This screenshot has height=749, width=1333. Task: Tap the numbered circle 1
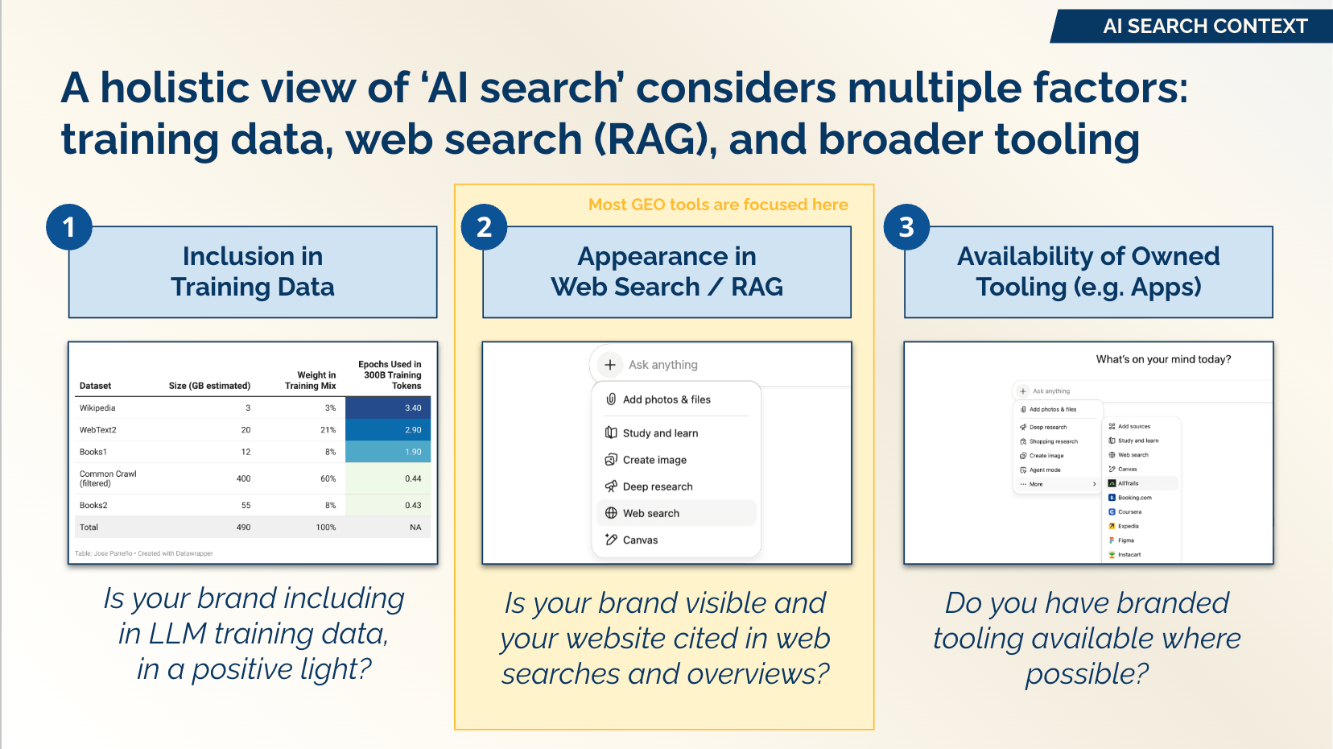point(69,227)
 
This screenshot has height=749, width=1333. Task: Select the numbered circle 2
point(484,227)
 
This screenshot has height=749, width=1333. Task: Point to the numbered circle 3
point(906,227)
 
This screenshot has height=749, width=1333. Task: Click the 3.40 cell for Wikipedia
point(388,408)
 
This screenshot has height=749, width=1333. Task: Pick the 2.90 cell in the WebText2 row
point(388,430)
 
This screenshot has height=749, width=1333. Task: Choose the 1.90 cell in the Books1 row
point(388,452)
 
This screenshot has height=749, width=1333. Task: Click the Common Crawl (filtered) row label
point(108,478)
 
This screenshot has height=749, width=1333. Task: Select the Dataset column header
point(95,386)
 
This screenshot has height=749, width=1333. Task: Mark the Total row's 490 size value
point(243,528)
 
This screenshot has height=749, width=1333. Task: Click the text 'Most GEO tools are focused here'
point(718,205)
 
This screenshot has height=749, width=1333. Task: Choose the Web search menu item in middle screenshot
point(650,513)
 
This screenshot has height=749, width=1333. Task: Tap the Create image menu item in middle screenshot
point(654,460)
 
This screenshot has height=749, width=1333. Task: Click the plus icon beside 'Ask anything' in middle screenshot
point(610,365)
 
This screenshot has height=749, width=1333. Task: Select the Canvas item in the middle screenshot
point(640,540)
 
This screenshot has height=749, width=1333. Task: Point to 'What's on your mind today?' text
point(1163,359)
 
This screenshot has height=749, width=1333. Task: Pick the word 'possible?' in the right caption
point(1087,674)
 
